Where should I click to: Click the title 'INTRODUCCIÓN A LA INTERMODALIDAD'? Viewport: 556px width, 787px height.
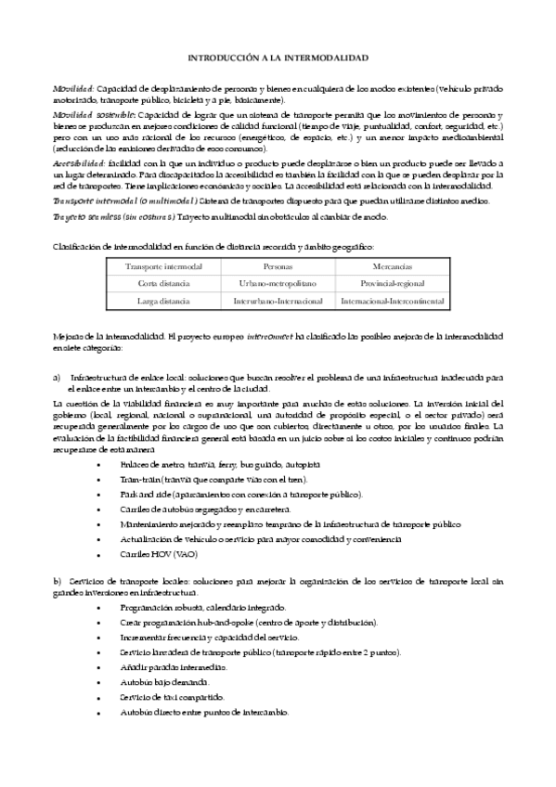pos(278,58)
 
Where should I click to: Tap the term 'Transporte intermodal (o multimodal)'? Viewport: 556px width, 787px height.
pos(121,200)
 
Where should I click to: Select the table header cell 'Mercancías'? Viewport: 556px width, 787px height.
pos(392,267)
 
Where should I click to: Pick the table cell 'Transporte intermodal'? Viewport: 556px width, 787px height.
pos(164,267)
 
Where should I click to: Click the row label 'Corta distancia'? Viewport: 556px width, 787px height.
pos(164,284)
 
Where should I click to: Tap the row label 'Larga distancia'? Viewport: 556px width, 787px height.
pos(164,302)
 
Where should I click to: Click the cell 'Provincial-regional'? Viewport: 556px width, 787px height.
pos(392,284)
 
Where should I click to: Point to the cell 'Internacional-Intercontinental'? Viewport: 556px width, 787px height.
pos(392,302)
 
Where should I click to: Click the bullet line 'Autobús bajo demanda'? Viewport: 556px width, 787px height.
pos(171,682)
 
